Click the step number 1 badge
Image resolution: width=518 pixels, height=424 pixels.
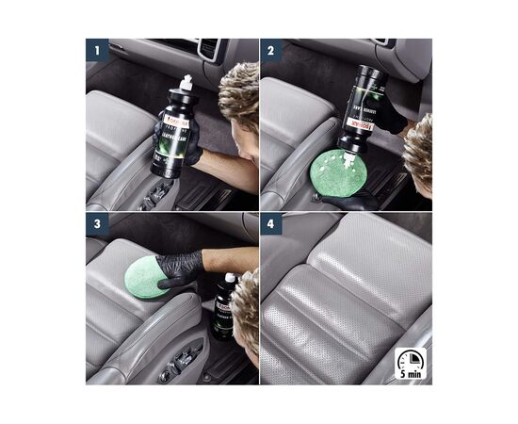(96, 49)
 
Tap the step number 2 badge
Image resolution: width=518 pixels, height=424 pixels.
(270, 49)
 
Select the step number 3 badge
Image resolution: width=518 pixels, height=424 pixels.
(96, 224)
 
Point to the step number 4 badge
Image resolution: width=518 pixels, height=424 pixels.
(270, 224)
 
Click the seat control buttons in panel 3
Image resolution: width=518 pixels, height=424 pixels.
(184, 358)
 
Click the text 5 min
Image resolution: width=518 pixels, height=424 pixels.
(410, 375)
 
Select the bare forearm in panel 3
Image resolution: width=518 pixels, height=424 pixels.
(231, 258)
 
